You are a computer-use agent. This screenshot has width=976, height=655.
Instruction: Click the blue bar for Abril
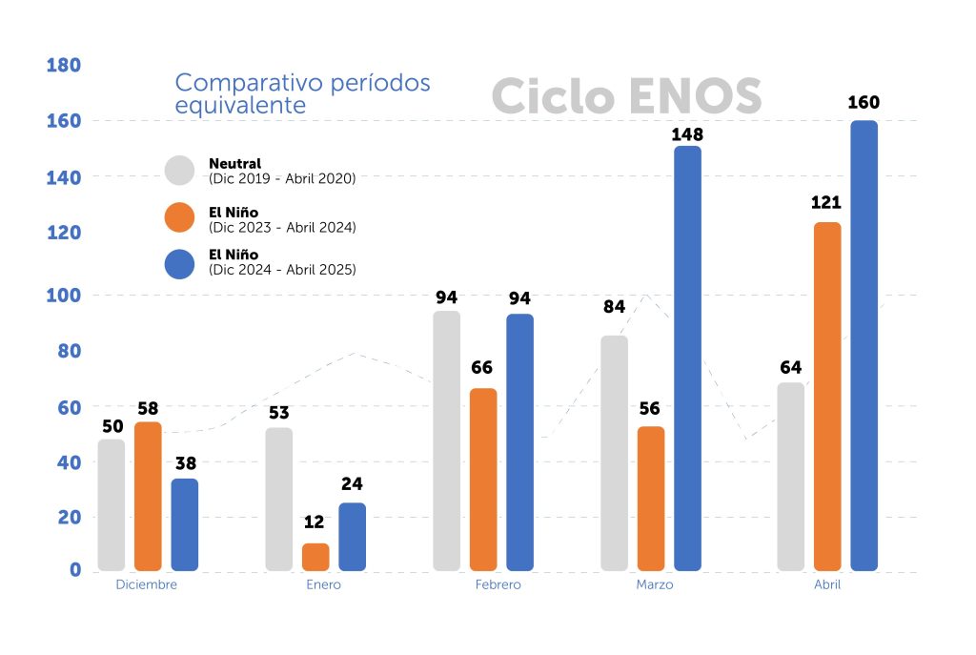coord(864,345)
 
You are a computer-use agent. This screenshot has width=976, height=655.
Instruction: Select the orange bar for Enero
coord(315,557)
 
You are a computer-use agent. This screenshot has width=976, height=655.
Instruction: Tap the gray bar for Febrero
coord(446,440)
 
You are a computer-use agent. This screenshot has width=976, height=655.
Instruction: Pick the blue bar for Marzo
coord(687,358)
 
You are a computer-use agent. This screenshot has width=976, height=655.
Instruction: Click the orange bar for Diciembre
coord(148,496)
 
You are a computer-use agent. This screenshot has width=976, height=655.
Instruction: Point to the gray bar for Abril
coord(791,477)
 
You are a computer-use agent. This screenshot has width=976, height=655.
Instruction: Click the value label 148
coord(686,134)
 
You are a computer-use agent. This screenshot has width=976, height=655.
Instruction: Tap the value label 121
coord(826,202)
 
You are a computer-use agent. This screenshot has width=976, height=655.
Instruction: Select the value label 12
coord(315,523)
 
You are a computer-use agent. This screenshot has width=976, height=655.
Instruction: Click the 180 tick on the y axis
coord(64,66)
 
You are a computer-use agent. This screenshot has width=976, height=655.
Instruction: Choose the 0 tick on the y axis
coord(74,570)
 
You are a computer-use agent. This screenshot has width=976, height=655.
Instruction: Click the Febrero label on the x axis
coord(498,584)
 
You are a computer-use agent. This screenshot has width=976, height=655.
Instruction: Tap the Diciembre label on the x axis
coord(146,584)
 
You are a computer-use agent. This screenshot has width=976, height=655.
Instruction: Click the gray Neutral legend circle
coord(179,171)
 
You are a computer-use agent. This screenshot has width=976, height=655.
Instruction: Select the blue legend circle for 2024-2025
coord(179,263)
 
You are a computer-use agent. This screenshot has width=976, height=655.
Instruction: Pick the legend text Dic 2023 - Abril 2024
coord(282,228)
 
